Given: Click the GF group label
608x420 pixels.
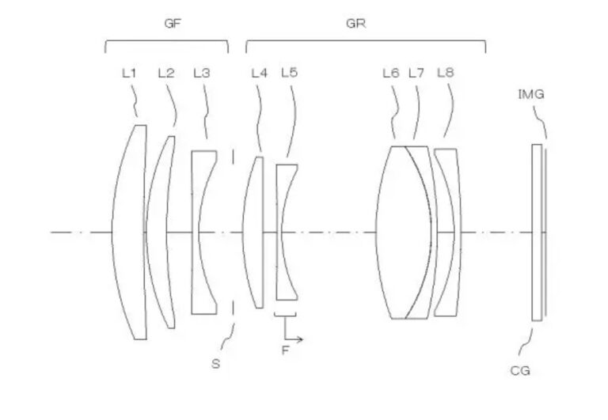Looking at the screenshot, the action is (x=173, y=23).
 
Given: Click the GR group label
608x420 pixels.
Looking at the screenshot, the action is (x=355, y=23).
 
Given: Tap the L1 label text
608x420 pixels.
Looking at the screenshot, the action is (x=129, y=73).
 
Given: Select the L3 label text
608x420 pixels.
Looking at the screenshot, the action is (x=202, y=73).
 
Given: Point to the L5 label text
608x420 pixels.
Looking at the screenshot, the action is (x=289, y=73).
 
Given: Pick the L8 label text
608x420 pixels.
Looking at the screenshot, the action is (x=445, y=73).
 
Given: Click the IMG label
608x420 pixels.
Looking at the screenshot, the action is (x=531, y=94).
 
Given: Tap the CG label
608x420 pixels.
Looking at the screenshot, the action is (x=519, y=371).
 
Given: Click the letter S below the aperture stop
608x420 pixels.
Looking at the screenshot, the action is (x=215, y=364).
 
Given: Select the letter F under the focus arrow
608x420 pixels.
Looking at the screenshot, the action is (x=285, y=350).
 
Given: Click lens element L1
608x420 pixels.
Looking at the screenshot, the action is (x=130, y=232).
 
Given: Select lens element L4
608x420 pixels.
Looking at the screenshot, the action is (x=253, y=232).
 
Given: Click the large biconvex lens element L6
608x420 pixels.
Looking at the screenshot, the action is (x=403, y=232).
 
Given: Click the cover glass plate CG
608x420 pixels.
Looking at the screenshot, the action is (x=537, y=233).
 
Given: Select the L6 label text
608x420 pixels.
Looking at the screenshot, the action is (x=391, y=73).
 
